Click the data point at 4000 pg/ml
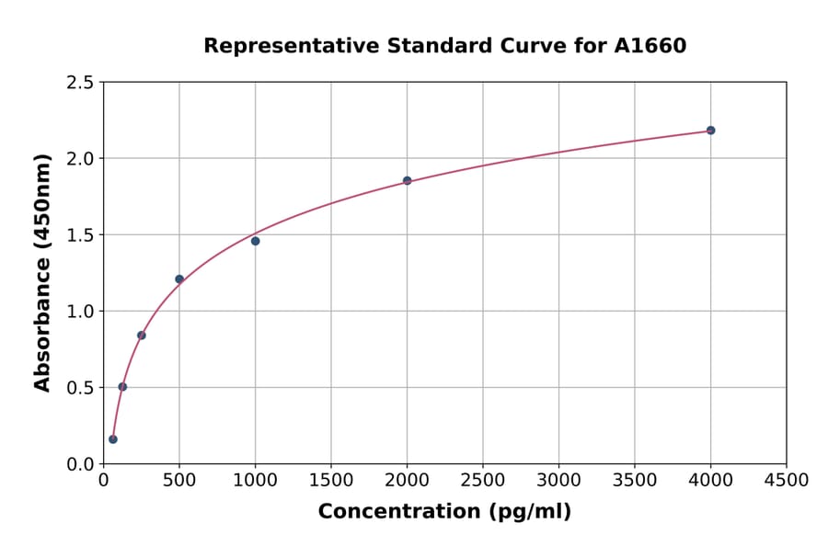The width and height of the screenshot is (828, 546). click(710, 131)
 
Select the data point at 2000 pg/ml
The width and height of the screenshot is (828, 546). click(407, 181)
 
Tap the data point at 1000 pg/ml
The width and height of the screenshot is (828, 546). click(255, 241)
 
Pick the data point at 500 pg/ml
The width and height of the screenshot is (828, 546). click(179, 279)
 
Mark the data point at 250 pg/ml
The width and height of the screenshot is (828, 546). click(142, 336)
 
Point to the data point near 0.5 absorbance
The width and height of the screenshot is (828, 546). click(122, 387)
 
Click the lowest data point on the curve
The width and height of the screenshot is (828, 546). click(113, 439)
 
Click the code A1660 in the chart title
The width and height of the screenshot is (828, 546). click(650, 46)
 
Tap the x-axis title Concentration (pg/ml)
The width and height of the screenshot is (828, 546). click(444, 512)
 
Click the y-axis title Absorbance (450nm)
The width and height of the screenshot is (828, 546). click(42, 272)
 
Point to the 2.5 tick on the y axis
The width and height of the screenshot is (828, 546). click(80, 83)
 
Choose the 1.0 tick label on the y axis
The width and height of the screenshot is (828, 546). click(80, 312)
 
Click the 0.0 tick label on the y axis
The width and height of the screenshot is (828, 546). click(80, 464)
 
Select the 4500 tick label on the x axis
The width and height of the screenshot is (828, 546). click(786, 481)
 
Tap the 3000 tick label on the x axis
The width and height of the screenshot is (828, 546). click(558, 481)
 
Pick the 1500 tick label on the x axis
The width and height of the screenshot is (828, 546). click(331, 481)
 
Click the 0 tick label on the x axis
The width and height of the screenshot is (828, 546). click(104, 481)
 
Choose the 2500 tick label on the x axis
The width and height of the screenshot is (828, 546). click(483, 481)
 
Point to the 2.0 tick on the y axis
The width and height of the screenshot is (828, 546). click(80, 159)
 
